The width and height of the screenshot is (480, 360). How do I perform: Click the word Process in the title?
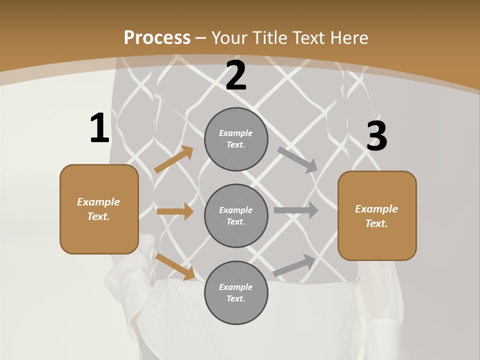(x=157, y=38)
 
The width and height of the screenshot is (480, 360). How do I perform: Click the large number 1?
(x=99, y=128)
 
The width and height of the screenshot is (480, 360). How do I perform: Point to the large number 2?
(x=236, y=76)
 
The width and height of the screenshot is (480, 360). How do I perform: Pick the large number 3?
(x=376, y=136)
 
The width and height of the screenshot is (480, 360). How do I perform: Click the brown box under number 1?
(x=99, y=209)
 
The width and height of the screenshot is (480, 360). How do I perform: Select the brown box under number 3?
(x=377, y=216)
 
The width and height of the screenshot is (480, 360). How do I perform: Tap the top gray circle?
(x=236, y=139)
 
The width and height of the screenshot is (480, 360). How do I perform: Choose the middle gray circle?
(x=236, y=216)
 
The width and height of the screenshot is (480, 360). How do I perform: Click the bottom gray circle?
(x=236, y=293)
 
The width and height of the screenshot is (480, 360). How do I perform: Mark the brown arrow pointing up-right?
(x=173, y=159)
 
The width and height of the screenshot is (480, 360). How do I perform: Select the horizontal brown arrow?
(x=175, y=211)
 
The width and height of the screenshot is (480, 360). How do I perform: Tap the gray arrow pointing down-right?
(x=297, y=159)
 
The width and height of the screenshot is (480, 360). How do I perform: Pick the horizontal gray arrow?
(x=296, y=210)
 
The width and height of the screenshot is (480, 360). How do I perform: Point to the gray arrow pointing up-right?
(x=294, y=265)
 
